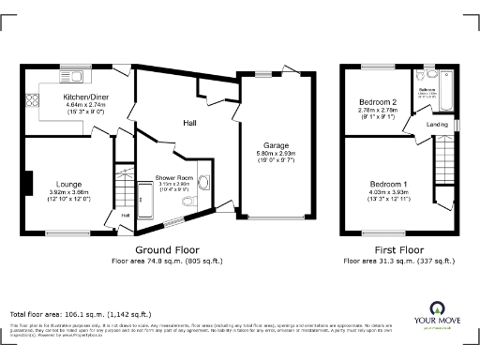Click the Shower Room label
pyautogui.click(x=173, y=178)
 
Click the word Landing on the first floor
pyautogui.click(x=436, y=124)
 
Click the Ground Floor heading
pyautogui.click(x=166, y=250)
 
